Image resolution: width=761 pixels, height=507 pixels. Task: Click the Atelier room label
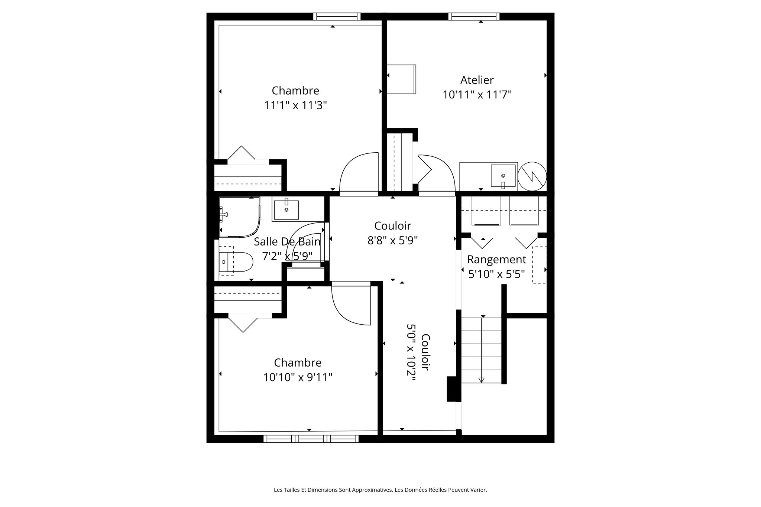477,80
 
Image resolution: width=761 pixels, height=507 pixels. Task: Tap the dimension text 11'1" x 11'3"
295,106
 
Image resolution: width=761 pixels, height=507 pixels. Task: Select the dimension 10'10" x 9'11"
298,378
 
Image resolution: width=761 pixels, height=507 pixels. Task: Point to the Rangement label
496,259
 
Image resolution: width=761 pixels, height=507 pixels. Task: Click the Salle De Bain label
287,242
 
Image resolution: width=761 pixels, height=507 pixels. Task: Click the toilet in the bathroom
236,261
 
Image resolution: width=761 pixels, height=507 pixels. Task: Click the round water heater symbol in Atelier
532,176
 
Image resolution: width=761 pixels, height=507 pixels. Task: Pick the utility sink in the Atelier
503,176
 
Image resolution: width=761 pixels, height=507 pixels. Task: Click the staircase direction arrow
482,380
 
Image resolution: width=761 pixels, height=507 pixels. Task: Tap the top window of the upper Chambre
337,16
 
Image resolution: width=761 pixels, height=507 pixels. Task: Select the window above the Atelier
473,16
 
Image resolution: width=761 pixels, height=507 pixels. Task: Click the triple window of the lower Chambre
311,439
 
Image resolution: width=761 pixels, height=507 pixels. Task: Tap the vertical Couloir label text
426,352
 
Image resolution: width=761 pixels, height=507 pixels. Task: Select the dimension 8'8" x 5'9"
392,241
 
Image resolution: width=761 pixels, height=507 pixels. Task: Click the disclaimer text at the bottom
380,490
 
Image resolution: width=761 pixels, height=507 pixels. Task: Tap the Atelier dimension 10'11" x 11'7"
477,95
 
